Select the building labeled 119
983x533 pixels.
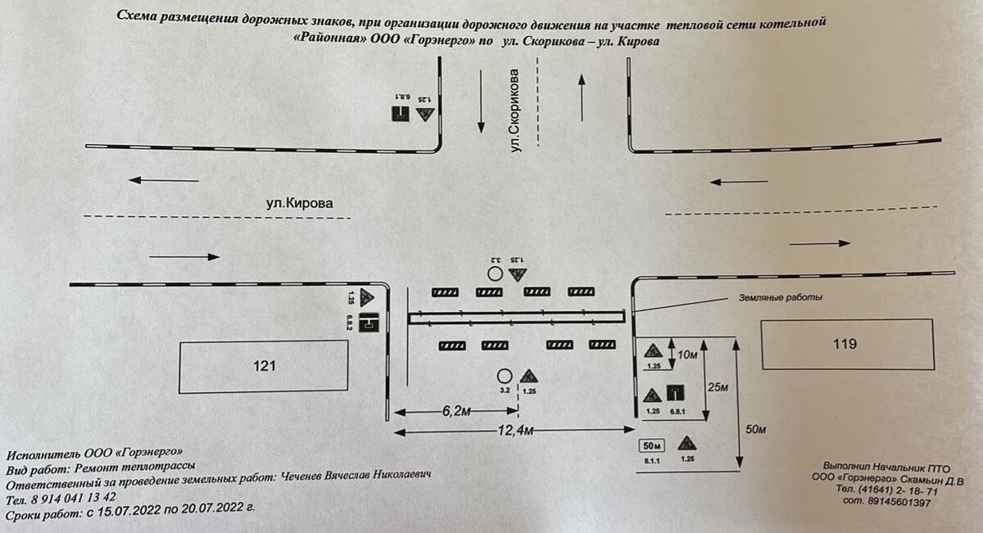pyautogui.click(x=847, y=345)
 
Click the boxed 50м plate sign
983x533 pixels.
pyautogui.click(x=653, y=446)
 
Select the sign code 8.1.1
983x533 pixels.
pyautogui.click(x=652, y=461)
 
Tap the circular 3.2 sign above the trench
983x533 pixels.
pyautogui.click(x=495, y=273)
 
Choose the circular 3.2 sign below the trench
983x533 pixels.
pyautogui.click(x=504, y=375)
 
